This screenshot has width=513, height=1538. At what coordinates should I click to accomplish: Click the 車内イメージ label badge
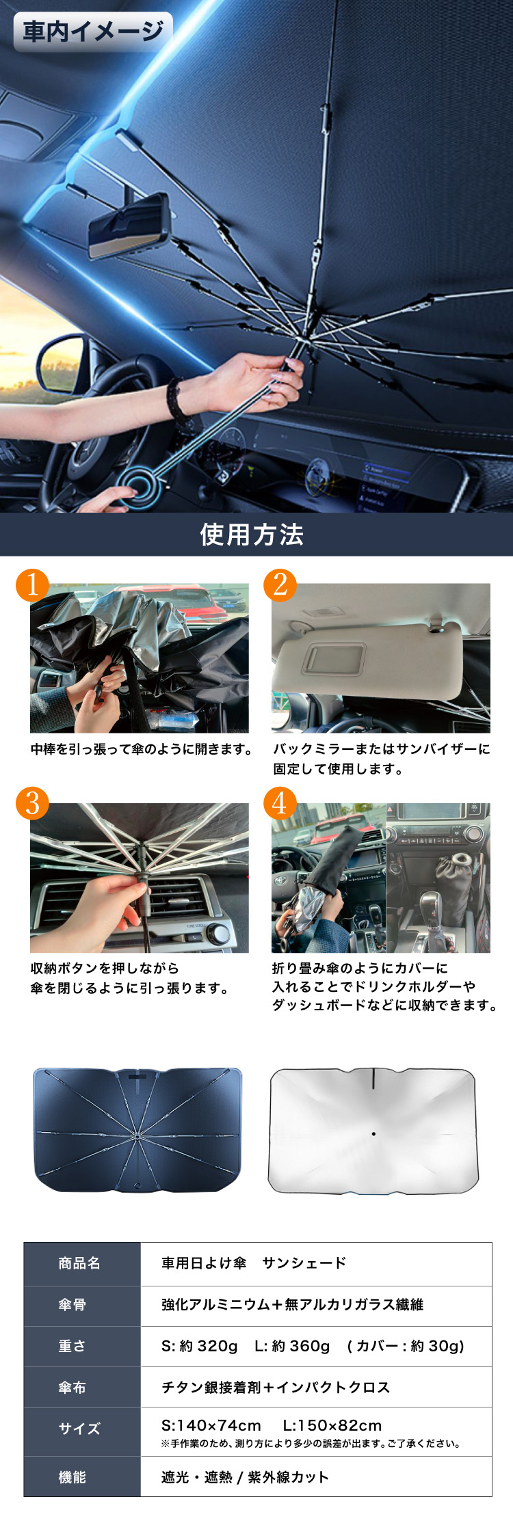pyautogui.click(x=93, y=31)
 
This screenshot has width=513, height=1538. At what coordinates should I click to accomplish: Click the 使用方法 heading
pyautogui.click(x=252, y=535)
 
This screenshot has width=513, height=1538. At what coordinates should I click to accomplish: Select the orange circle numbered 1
pyautogui.click(x=32, y=585)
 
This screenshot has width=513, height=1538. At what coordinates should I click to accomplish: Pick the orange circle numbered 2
pyautogui.click(x=280, y=585)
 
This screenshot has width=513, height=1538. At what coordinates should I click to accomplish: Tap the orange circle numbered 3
pyautogui.click(x=32, y=803)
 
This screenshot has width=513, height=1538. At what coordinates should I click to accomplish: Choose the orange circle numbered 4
pyautogui.click(x=280, y=803)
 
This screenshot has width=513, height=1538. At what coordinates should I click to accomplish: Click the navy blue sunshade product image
pyautogui.click(x=137, y=1130)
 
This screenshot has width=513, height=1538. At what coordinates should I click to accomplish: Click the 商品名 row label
pyautogui.click(x=79, y=1263)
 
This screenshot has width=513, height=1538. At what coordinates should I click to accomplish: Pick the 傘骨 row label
pyautogui.click(x=72, y=1304)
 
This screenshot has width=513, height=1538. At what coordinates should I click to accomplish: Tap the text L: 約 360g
pyautogui.click(x=292, y=1346)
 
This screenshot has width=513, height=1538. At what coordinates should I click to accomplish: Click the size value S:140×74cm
pyautogui.click(x=211, y=1425)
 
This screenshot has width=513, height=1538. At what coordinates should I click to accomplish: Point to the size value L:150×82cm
pyautogui.click(x=332, y=1425)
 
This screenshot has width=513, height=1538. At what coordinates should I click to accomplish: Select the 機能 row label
pyautogui.click(x=72, y=1477)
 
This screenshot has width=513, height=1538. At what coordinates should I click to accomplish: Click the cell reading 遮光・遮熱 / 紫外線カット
pyautogui.click(x=245, y=1477)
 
